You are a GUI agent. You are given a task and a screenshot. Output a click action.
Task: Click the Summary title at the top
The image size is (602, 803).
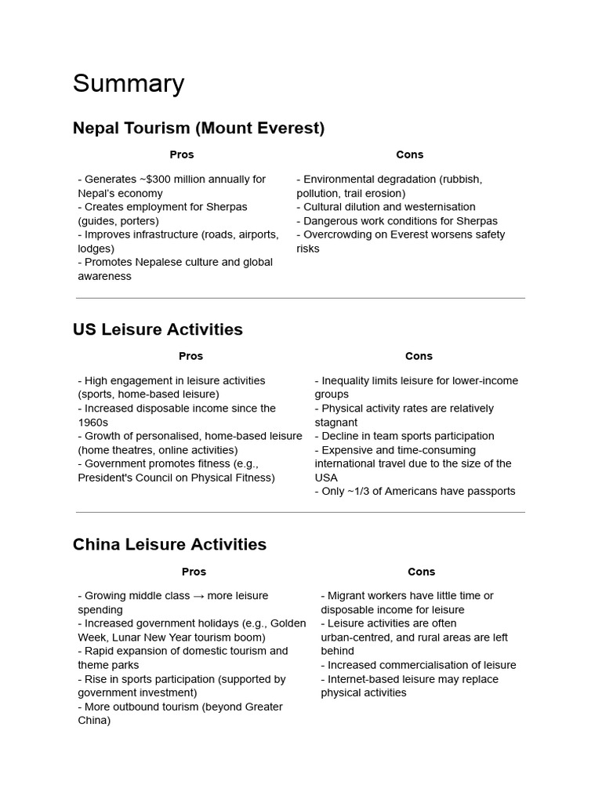pyautogui.click(x=129, y=83)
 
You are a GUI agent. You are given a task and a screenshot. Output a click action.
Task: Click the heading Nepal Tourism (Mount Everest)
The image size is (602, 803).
pyautogui.click(x=198, y=128)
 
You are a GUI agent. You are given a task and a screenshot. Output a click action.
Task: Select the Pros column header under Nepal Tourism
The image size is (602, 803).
pyautogui.click(x=181, y=154)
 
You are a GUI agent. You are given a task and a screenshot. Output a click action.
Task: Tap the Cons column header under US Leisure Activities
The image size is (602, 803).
pyautogui.click(x=419, y=356)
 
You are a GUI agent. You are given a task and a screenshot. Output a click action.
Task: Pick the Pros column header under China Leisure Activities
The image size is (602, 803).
pyautogui.click(x=194, y=572)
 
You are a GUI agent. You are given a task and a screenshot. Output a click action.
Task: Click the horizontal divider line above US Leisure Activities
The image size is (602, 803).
pyautogui.click(x=300, y=298)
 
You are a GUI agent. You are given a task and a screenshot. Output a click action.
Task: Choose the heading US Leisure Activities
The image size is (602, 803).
pyautogui.click(x=158, y=329)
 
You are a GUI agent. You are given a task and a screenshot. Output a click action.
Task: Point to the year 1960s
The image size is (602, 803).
pyautogui.click(x=93, y=422)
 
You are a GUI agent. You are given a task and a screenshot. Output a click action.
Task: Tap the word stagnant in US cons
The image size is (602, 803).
pyautogui.click(x=335, y=422)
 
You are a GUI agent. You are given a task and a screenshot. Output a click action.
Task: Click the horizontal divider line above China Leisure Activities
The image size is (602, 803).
pyautogui.click(x=300, y=513)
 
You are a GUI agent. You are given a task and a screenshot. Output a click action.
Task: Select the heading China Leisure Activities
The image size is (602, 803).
pyautogui.click(x=169, y=544)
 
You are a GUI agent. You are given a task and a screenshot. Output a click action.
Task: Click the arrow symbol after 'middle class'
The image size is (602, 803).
pyautogui.click(x=200, y=596)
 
